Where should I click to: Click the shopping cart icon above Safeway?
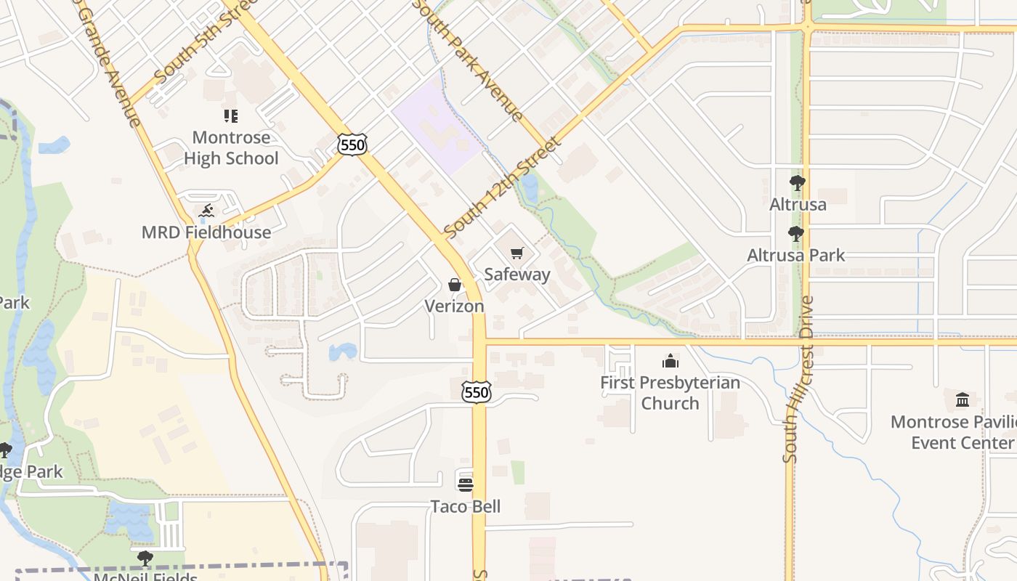[516, 253]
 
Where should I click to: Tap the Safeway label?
[517, 275]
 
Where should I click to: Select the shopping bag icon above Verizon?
[455, 285]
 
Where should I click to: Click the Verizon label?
[455, 306]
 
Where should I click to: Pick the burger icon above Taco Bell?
[466, 484]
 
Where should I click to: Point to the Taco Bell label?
[466, 506]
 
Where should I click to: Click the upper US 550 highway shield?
[352, 145]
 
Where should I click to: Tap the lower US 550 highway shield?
[477, 392]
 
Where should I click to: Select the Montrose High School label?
[231, 148]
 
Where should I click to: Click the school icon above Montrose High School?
[231, 116]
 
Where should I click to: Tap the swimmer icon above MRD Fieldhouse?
[206, 211]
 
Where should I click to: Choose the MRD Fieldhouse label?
[206, 232]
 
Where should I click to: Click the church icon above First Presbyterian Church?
[670, 361]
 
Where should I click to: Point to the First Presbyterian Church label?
[670, 393]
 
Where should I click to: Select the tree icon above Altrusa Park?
[796, 234]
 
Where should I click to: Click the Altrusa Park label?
[796, 256]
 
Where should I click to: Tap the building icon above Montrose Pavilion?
[963, 399]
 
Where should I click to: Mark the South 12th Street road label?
[503, 188]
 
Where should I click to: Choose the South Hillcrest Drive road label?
[798, 378]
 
